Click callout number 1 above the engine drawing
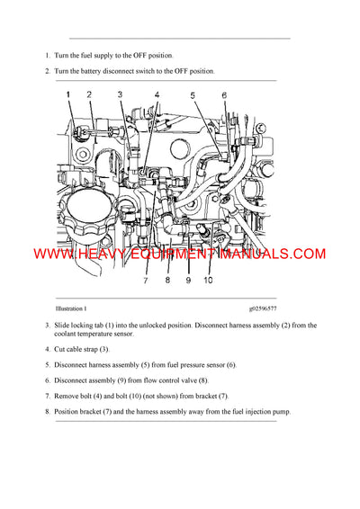coord(67,94)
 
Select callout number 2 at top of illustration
coord(89,94)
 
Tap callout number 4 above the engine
coord(156,94)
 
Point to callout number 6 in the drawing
coord(224,94)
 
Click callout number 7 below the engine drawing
coord(145,280)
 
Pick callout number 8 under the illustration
coord(167,280)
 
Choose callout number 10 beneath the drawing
coord(209,280)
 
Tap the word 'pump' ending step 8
coord(280,412)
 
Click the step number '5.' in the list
coord(47,364)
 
